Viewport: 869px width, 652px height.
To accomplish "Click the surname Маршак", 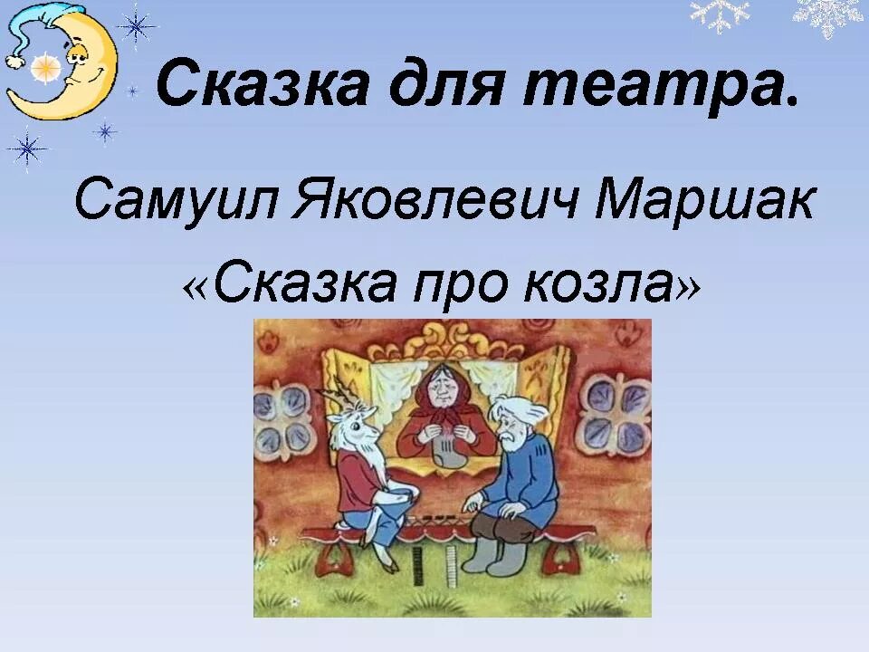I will [704, 201].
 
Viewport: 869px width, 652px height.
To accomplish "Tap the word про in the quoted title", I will [447, 284].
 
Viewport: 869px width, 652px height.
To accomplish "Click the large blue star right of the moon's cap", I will [138, 24].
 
